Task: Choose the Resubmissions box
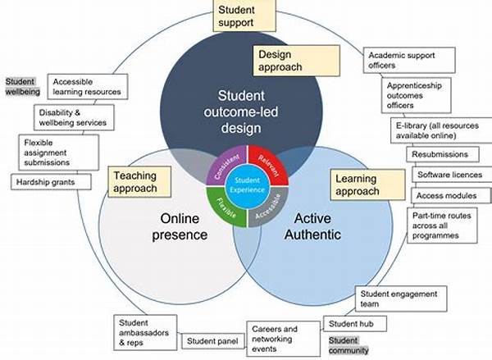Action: point(442,154)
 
